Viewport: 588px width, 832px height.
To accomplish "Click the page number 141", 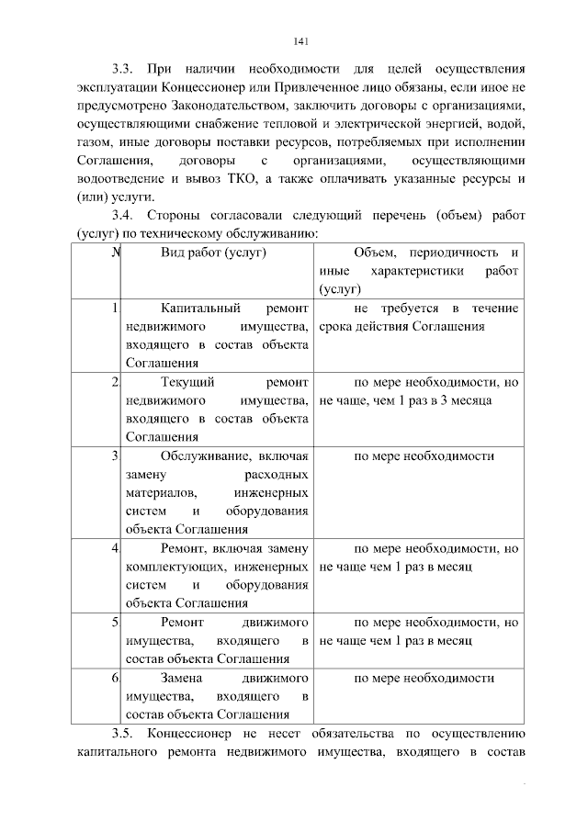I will (300, 40).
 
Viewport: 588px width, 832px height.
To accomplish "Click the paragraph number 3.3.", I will (122, 70).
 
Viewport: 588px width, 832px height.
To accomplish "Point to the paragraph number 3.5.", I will (122, 733).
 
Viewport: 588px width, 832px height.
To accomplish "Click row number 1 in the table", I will (114, 309).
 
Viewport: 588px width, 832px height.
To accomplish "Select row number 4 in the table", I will (114, 548).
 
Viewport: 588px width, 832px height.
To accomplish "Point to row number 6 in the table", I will (114, 678).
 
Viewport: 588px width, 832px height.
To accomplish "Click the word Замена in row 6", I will (181, 679).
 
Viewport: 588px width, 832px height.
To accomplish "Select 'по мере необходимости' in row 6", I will (424, 679).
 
